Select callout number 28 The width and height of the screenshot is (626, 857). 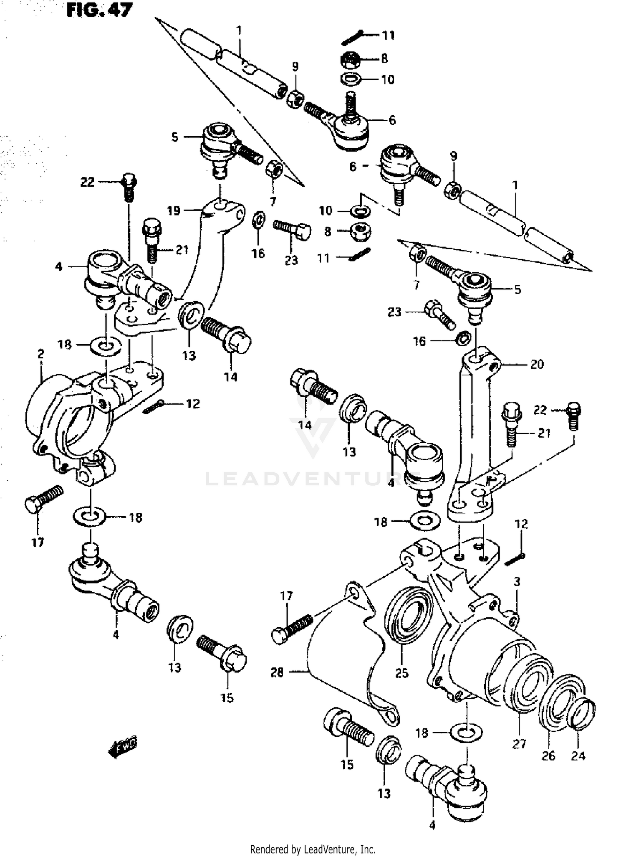point(277,672)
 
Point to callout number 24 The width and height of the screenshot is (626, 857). point(578,755)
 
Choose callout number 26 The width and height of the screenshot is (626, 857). point(548,756)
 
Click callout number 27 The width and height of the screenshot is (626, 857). point(519,743)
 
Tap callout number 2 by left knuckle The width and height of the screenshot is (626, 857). point(40,354)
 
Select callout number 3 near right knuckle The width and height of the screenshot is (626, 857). point(517,581)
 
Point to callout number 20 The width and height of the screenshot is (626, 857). point(537,364)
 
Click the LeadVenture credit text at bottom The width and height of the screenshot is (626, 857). point(313,849)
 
